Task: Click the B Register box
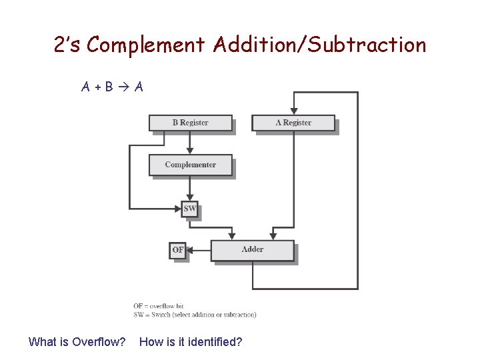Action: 190,123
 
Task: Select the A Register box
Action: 293,123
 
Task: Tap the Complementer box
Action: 190,165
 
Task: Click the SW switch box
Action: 190,209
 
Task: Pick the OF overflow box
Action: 177,250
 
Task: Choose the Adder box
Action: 252,250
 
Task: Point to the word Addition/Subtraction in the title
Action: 319,45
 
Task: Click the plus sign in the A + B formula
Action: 97,87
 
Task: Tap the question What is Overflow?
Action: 77,342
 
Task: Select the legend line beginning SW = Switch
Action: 195,315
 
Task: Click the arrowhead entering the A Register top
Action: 293,111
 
